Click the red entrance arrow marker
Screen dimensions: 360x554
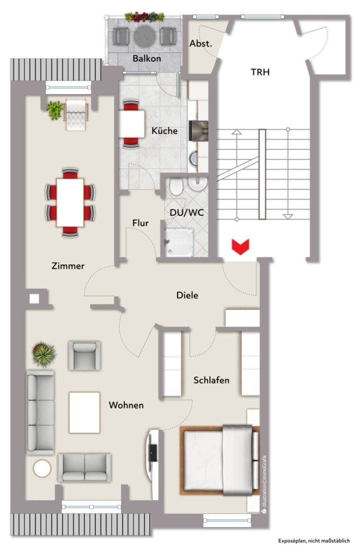tap(240, 246)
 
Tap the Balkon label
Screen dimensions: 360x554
tap(147, 58)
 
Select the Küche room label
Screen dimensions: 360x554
tap(164, 131)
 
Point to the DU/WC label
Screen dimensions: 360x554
tap(187, 212)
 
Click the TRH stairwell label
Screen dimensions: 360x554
tap(260, 72)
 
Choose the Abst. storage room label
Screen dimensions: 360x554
tap(201, 44)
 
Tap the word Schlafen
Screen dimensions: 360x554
tap(211, 380)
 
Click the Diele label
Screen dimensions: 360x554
tap(187, 295)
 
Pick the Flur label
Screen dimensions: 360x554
tap(140, 223)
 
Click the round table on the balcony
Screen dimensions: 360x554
tap(144, 36)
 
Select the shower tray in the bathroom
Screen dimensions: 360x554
tap(179, 242)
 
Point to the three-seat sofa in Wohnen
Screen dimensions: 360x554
tap(41, 412)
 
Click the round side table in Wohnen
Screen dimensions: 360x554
tap(42, 469)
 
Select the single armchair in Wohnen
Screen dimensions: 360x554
tap(84, 355)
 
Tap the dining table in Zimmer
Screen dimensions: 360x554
tap(70, 202)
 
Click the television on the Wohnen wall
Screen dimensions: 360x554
tap(153, 453)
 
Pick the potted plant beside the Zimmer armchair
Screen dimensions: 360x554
tap(55, 110)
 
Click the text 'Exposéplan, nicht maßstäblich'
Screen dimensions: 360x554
tap(314, 540)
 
